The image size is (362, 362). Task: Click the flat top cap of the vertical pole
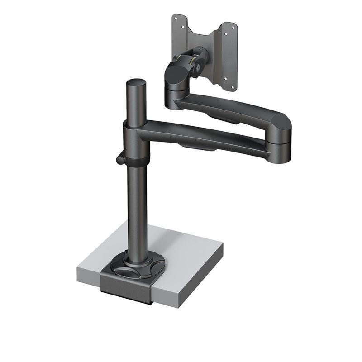tap(136, 83)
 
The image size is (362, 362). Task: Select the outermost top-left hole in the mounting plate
tap(176, 18)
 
